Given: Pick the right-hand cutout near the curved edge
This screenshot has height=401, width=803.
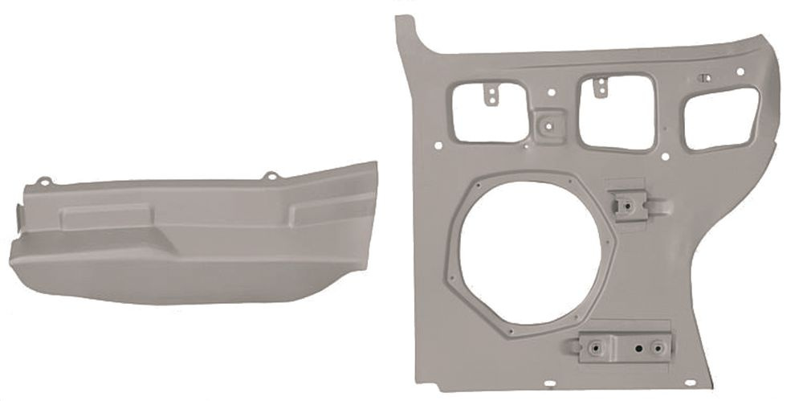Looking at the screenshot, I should click(x=719, y=118).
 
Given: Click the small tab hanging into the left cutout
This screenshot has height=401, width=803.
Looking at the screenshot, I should click(x=489, y=94).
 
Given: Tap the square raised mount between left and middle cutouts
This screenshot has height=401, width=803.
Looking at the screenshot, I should click(x=548, y=127).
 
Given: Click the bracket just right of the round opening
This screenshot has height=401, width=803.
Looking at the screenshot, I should click(x=630, y=205).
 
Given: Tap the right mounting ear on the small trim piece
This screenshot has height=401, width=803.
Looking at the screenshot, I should click(x=271, y=174).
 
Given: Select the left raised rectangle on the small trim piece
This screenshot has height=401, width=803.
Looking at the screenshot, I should click(x=105, y=215).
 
